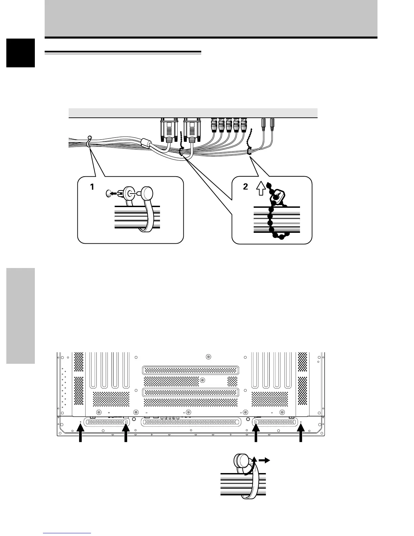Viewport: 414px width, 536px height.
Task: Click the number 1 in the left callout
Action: (x=92, y=187)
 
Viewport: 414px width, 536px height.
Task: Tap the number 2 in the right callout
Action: (x=246, y=187)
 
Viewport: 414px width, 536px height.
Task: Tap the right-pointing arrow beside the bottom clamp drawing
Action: (x=264, y=460)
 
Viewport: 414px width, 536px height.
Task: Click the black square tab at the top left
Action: (x=21, y=53)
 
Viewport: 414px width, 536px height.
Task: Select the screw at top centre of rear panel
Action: (x=208, y=357)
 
